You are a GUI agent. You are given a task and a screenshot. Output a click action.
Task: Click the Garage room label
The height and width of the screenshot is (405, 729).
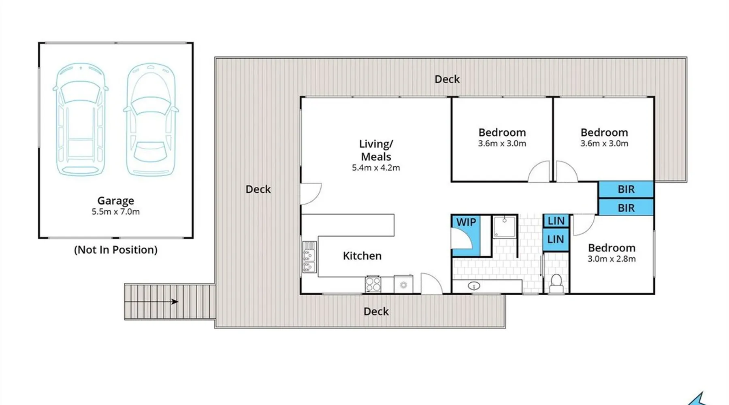[115, 201]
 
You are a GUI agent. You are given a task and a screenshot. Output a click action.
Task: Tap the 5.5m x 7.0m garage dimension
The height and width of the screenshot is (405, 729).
[115, 211]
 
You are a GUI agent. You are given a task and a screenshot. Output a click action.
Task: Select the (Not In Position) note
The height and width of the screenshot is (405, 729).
[115, 249]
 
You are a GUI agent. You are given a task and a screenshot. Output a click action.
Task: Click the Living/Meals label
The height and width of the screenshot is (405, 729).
[376, 150]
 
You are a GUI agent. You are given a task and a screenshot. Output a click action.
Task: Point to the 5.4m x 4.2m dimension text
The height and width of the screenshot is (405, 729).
[376, 168]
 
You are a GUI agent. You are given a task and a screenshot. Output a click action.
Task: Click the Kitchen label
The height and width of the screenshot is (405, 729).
[362, 256]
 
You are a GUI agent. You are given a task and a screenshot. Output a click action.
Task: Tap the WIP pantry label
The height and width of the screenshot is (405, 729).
[466, 222]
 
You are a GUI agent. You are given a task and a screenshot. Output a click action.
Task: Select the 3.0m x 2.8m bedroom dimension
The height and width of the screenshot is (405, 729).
[612, 259]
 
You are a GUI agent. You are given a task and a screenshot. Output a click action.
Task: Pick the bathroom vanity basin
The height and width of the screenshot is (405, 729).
[474, 286]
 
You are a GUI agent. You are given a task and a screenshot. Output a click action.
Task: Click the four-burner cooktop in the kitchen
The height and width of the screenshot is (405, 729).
[373, 284]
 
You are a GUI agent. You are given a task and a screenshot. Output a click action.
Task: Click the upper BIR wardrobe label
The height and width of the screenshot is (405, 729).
[626, 189]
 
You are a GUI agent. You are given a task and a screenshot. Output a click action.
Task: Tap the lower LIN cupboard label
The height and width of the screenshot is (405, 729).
[556, 239]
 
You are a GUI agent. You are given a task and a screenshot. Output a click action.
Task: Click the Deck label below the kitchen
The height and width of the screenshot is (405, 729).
[376, 311]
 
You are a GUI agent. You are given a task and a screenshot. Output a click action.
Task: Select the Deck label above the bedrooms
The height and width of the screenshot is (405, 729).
[447, 79]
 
